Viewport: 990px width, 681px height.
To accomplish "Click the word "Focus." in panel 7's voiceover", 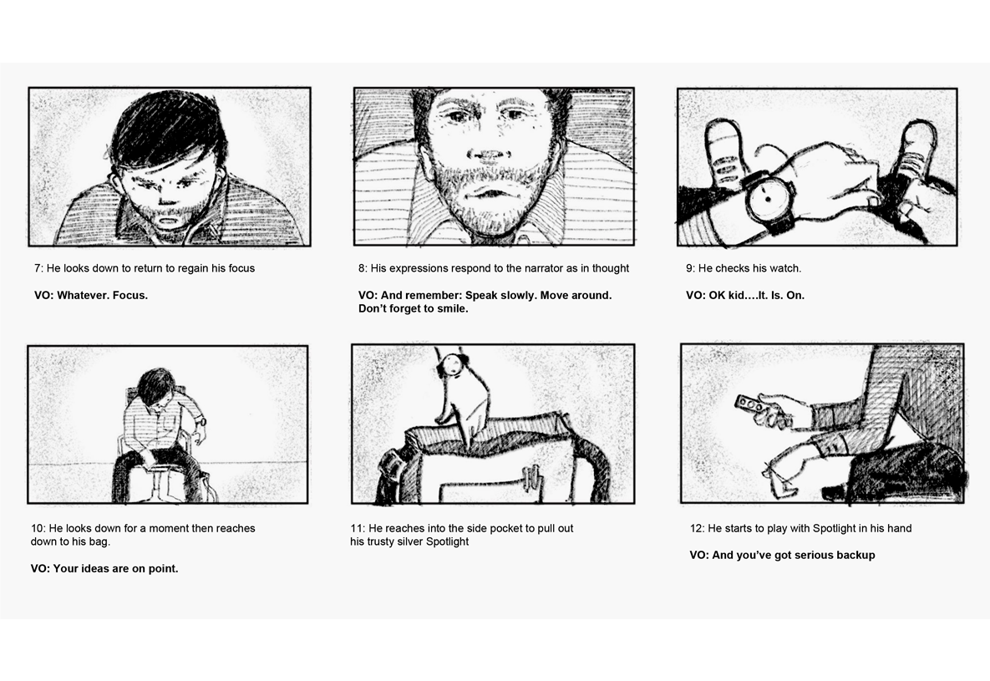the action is point(130,295).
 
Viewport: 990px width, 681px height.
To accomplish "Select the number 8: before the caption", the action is point(363,268).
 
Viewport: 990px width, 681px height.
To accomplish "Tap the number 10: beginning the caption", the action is point(38,528).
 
